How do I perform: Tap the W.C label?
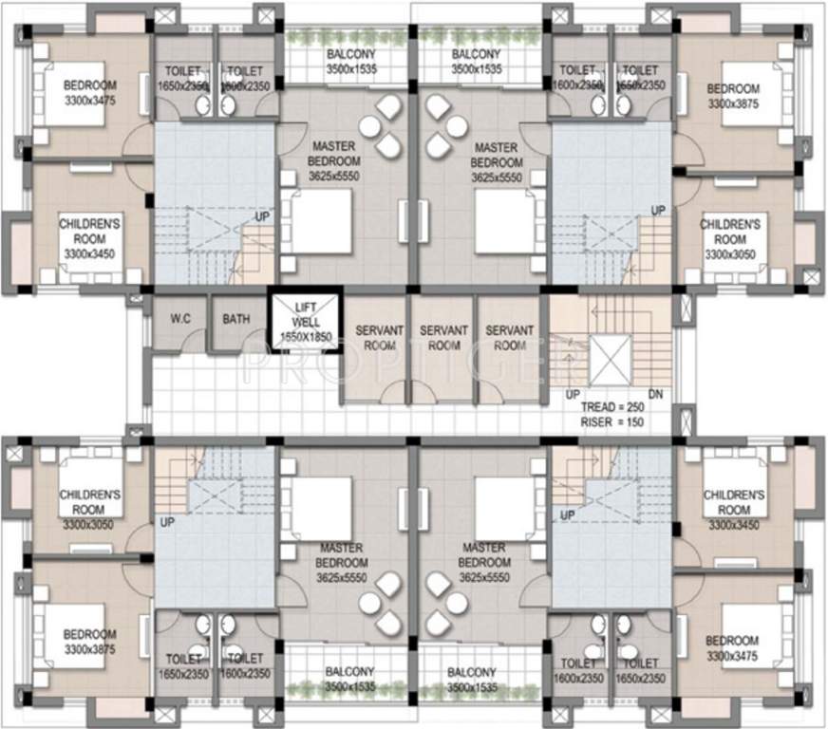click(x=179, y=319)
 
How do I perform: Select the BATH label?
click(x=236, y=319)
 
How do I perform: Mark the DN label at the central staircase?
click(x=655, y=393)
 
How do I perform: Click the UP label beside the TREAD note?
click(x=573, y=393)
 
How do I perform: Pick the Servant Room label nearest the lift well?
click(x=379, y=338)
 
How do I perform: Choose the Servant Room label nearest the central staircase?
click(x=509, y=338)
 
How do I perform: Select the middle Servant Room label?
click(x=443, y=338)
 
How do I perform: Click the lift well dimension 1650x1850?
click(x=304, y=337)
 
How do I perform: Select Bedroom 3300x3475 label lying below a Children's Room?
click(x=732, y=648)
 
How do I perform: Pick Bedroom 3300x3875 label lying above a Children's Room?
click(x=732, y=97)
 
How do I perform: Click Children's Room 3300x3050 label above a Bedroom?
click(x=89, y=510)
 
